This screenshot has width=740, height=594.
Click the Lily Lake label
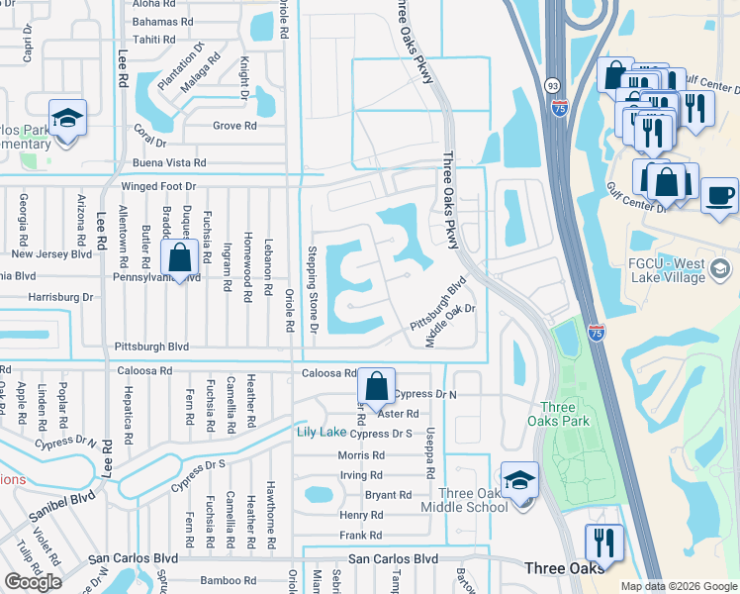click(322, 433)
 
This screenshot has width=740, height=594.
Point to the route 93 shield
click(552, 87)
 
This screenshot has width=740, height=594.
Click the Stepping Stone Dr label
click(312, 289)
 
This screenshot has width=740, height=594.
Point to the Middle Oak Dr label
click(451, 325)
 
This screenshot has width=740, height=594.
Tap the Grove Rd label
click(234, 126)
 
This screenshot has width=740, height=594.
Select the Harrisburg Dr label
click(59, 296)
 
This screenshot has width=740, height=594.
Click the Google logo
click(33, 582)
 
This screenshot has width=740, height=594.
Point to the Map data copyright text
click(679, 586)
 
